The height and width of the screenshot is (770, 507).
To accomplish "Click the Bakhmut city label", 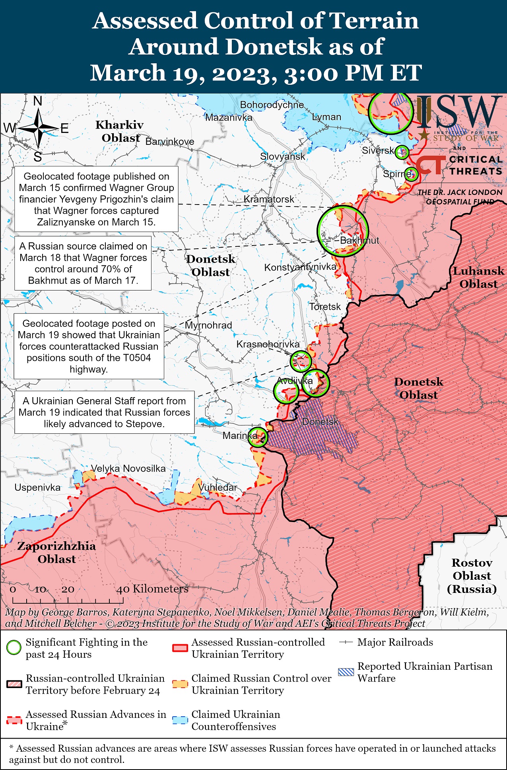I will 359,240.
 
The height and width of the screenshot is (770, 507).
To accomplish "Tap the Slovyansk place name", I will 282,156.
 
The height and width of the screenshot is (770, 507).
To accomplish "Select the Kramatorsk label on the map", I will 269,199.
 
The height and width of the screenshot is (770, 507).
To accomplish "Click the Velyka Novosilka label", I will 128,468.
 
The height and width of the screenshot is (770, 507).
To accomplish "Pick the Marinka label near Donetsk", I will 240,435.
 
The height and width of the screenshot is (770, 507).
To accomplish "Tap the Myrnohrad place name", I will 208,325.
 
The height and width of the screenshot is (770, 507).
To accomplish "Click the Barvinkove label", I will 170,142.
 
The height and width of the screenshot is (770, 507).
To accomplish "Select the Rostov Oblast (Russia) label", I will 472,575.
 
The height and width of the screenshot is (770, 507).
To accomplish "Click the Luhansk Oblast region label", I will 478,277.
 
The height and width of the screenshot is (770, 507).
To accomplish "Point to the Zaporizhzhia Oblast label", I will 56,552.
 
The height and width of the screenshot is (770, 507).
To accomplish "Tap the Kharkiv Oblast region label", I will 119,131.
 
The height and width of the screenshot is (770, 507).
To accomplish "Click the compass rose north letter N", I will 38,101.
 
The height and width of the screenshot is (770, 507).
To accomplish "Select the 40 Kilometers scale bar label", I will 152,589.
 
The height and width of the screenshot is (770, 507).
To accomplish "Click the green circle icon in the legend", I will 14,648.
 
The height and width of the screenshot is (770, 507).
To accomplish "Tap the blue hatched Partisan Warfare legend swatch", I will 345,672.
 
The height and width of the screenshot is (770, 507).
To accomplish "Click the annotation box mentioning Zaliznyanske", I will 96,199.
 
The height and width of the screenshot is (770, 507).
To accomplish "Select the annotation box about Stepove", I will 104,412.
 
